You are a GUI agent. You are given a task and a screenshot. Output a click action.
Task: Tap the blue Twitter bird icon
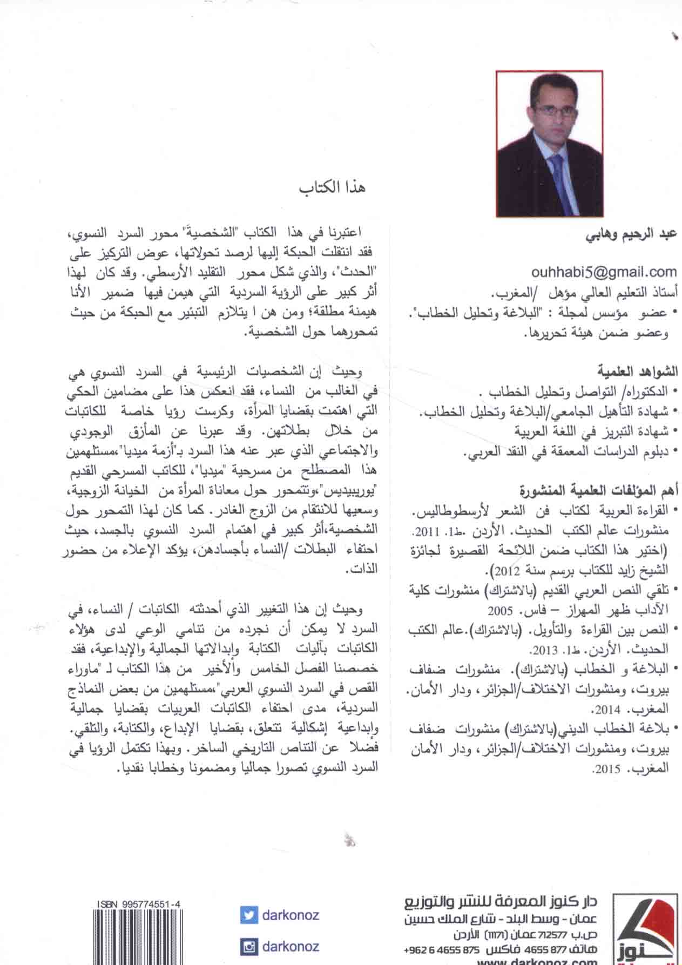(248, 915)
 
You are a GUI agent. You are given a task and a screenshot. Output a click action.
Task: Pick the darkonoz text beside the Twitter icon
(290, 915)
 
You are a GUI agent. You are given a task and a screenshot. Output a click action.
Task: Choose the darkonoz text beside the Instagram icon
(290, 946)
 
